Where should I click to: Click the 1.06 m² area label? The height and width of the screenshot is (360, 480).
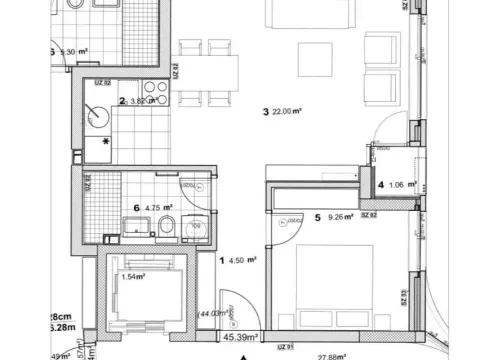tap(396, 184)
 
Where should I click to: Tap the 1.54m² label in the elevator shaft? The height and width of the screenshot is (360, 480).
tap(134, 279)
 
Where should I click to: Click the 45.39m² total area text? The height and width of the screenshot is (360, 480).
tap(242, 339)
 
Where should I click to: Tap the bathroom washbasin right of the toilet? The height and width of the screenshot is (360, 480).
tap(196, 230)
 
